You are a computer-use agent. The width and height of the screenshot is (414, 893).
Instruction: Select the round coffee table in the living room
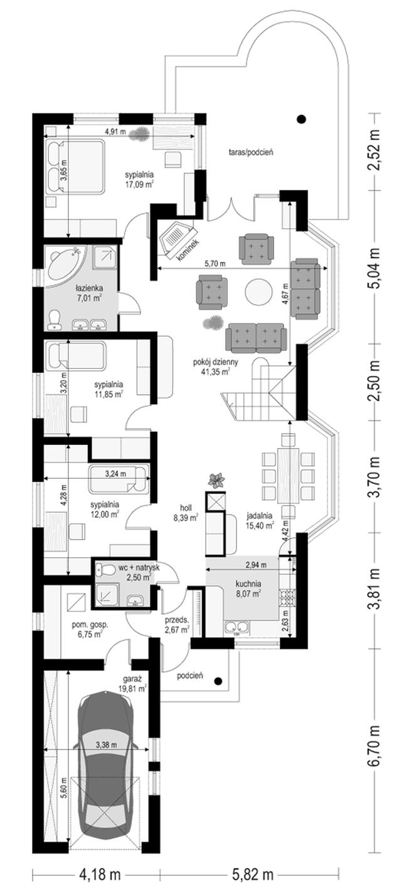(258, 292)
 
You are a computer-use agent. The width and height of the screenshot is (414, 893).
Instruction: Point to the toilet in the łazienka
(53, 320)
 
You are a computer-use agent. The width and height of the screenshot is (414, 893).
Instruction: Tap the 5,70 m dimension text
(215, 263)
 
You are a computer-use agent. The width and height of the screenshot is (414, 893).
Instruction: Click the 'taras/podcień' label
(251, 152)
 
